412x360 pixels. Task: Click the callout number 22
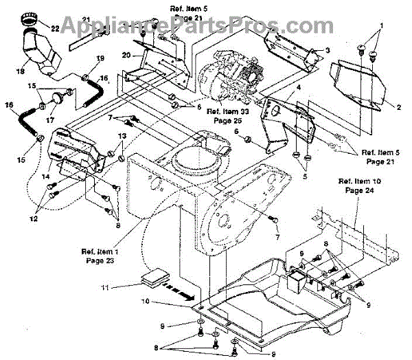pyautogui.click(x=54, y=29)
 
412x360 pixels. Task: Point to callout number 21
pyautogui.click(x=86, y=19)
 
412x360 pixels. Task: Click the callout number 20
pyautogui.click(x=126, y=54)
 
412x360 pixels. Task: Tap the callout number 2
pyautogui.click(x=398, y=106)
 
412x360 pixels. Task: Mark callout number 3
pyautogui.click(x=328, y=50)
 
